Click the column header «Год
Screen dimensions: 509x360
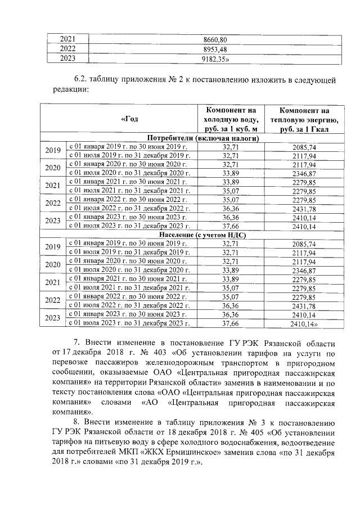[x=129, y=119]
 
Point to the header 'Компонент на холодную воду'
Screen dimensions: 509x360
[x=231, y=119]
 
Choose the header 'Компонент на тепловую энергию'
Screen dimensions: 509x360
[x=304, y=119]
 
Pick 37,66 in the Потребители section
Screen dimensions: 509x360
[x=231, y=226]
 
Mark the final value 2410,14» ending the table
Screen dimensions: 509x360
[x=306, y=323]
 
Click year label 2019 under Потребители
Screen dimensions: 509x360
[x=52, y=151]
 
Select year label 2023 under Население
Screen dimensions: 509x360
[x=52, y=318]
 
